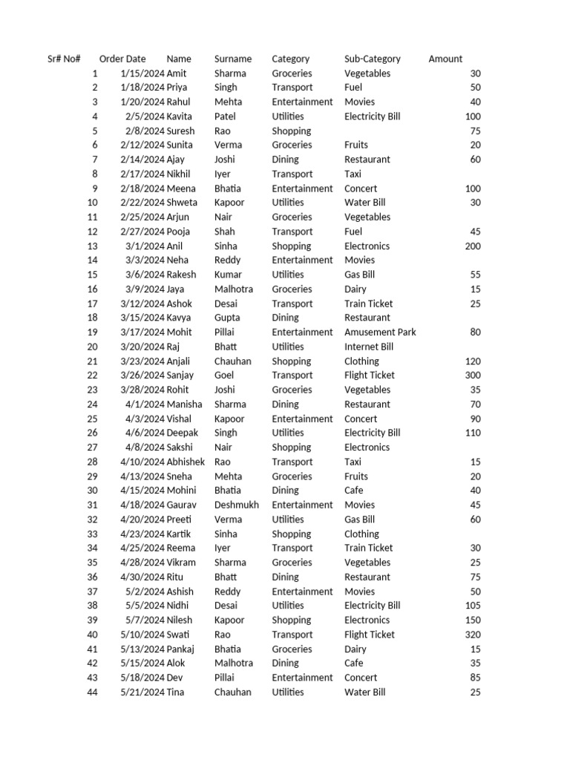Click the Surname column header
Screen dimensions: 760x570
(233, 59)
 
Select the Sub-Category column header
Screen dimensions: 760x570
(373, 59)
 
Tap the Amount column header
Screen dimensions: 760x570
(445, 59)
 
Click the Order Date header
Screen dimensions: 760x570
(122, 59)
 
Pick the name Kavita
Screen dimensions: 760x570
(179, 117)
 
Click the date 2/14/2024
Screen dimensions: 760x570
(142, 160)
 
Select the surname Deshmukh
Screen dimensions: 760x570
(237, 505)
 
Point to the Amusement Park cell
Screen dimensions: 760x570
(380, 332)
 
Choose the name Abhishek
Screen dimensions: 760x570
(186, 462)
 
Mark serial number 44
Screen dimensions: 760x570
(93, 692)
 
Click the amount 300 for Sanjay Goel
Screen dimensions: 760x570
(472, 376)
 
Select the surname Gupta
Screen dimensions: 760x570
(228, 318)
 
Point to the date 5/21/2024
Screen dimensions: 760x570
(142, 692)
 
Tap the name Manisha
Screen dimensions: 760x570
(184, 404)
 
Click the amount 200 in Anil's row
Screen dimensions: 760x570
(472, 246)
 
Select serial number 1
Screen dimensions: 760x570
(95, 73)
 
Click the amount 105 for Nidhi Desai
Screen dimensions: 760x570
(472, 606)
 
